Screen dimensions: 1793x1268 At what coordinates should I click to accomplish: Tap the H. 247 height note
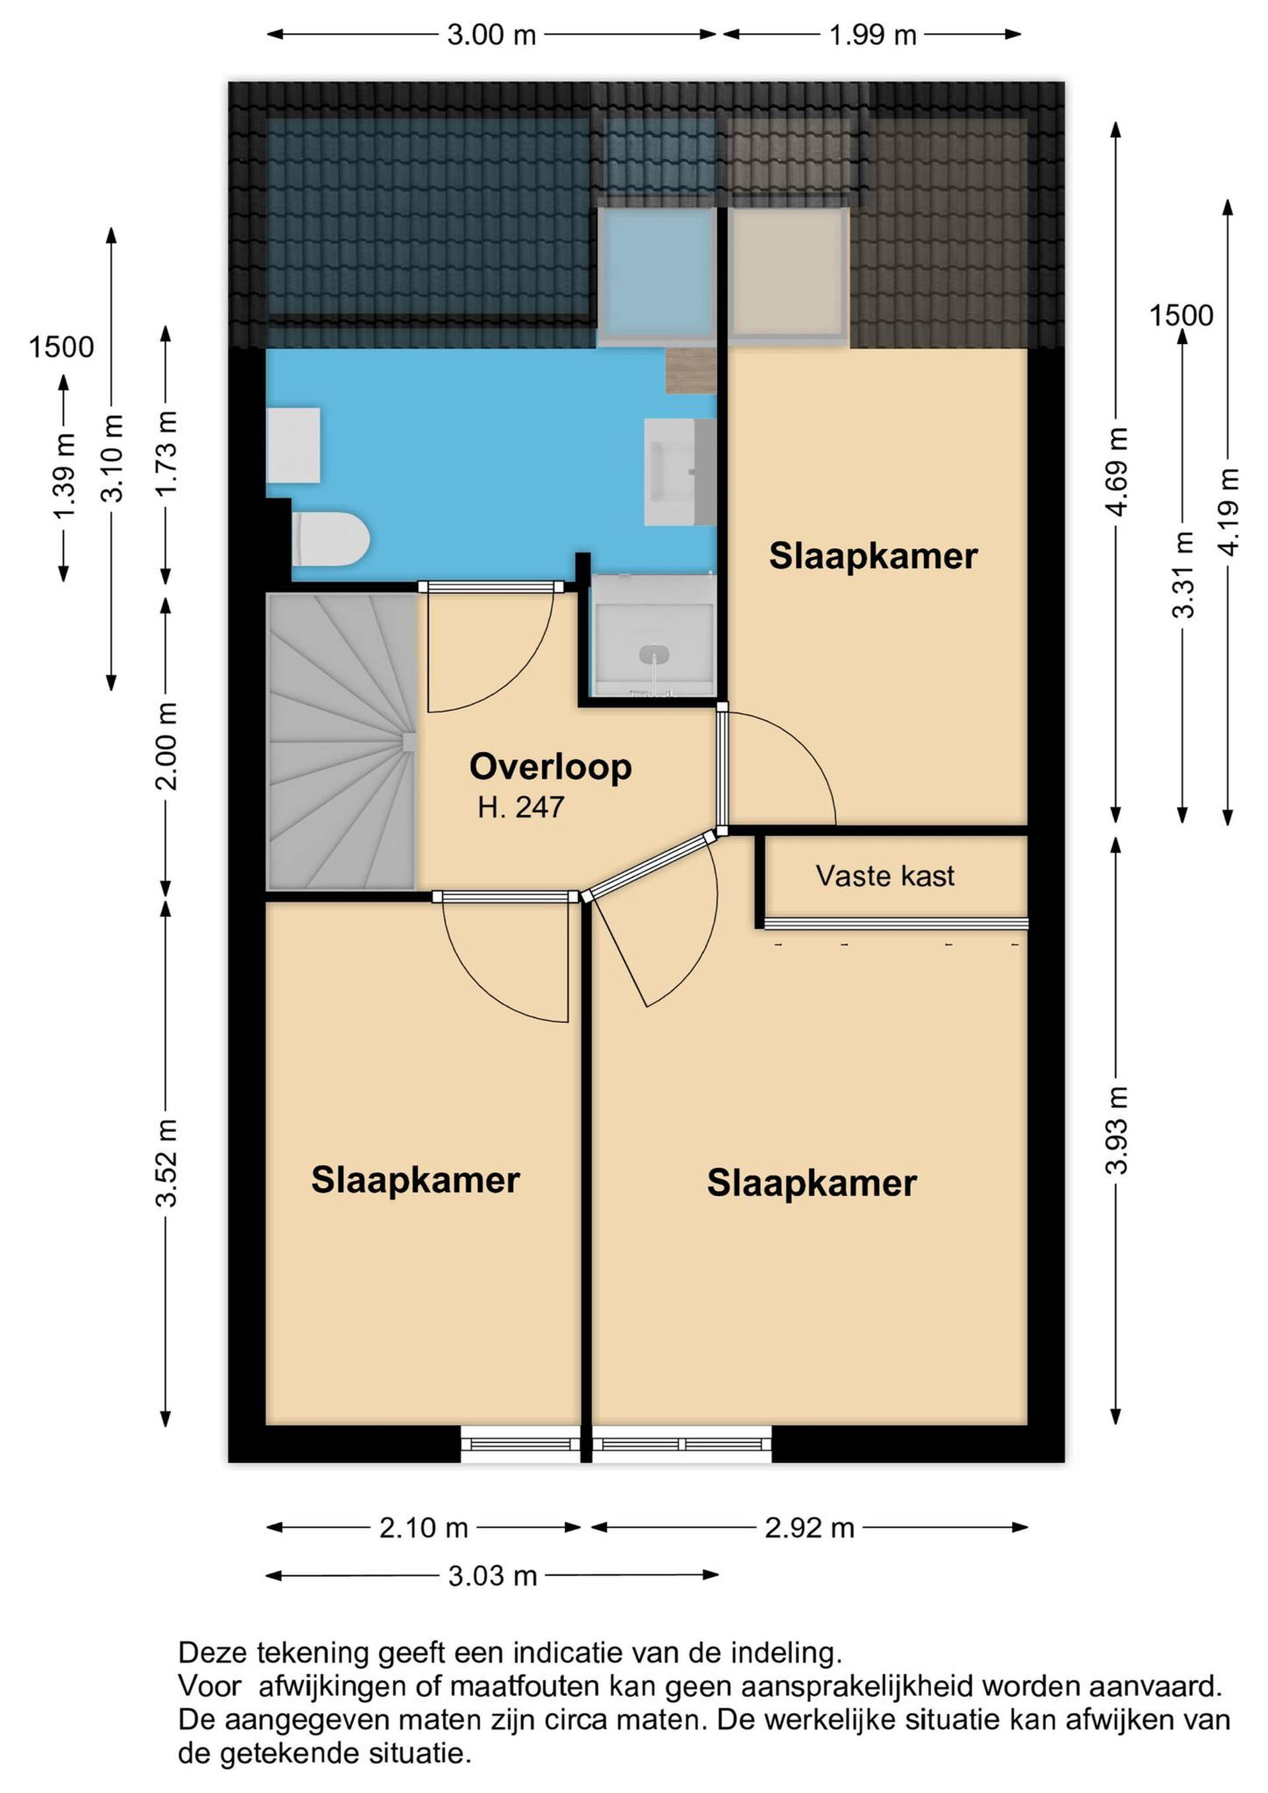(521, 808)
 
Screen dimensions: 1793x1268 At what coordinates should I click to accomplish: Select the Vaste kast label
(885, 876)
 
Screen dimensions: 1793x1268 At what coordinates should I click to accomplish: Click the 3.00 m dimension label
(491, 35)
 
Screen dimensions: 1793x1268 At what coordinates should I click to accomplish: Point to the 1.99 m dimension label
(872, 35)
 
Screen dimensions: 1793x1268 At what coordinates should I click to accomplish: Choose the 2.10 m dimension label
(423, 1528)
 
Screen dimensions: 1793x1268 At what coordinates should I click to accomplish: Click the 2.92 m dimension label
(809, 1528)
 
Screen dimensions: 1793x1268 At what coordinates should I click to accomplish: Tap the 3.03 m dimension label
(492, 1576)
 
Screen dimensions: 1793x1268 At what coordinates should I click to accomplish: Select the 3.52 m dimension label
(167, 1164)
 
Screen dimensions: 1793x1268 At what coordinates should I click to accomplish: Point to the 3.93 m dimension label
(1117, 1130)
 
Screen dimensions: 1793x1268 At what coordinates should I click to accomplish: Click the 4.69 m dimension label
(1117, 472)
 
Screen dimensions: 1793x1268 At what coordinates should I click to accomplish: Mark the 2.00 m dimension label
(167, 746)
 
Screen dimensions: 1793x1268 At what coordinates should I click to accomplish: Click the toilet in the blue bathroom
(331, 539)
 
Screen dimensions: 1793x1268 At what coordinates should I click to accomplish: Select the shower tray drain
(654, 652)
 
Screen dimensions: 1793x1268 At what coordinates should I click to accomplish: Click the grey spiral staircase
(341, 742)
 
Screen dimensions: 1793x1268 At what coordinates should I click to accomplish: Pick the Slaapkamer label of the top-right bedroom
(872, 556)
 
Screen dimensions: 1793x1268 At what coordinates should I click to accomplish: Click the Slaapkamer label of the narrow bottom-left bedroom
(415, 1180)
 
